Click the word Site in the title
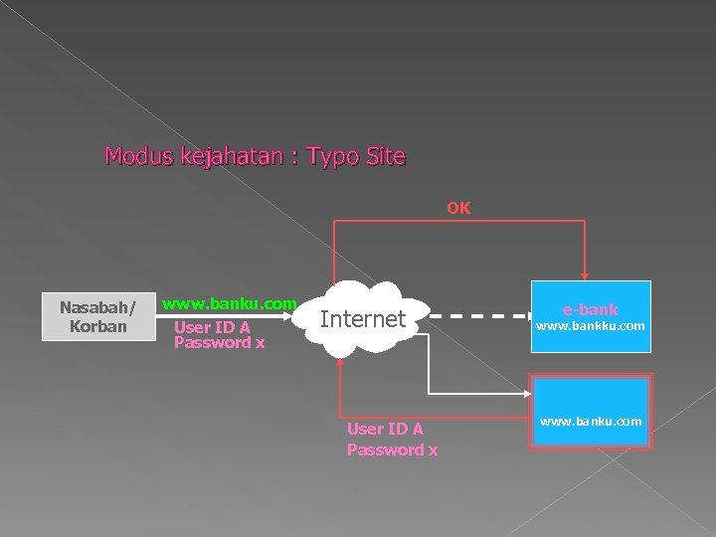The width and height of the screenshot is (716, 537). point(385,156)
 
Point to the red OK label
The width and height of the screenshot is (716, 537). point(458,209)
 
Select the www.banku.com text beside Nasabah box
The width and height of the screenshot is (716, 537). point(230,303)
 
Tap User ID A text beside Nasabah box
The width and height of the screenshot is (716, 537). point(212,326)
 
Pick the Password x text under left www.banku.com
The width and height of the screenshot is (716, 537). point(219,343)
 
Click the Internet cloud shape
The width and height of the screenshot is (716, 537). point(363,319)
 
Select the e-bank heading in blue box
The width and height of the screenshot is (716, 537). point(591,309)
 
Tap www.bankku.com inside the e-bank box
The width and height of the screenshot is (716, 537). point(591,326)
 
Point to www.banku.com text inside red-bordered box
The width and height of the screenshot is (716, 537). point(591,423)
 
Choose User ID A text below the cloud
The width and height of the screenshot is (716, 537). point(385,429)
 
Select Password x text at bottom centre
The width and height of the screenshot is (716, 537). point(392,449)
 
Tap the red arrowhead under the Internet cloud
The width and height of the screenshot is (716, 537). point(341,363)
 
